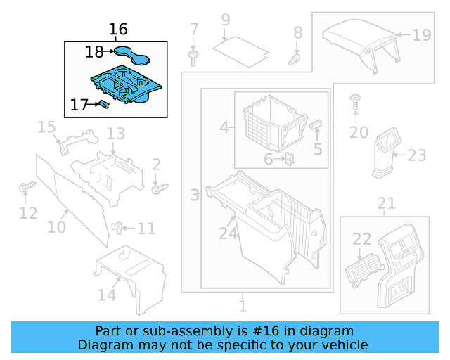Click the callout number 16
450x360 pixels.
[x=119, y=30]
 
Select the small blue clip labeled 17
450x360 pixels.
[x=103, y=104]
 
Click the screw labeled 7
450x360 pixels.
[x=192, y=53]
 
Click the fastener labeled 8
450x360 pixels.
[x=295, y=58]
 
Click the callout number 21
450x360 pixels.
[x=386, y=204]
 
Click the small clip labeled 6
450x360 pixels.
[x=289, y=159]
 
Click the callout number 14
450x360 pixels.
[x=107, y=295]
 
